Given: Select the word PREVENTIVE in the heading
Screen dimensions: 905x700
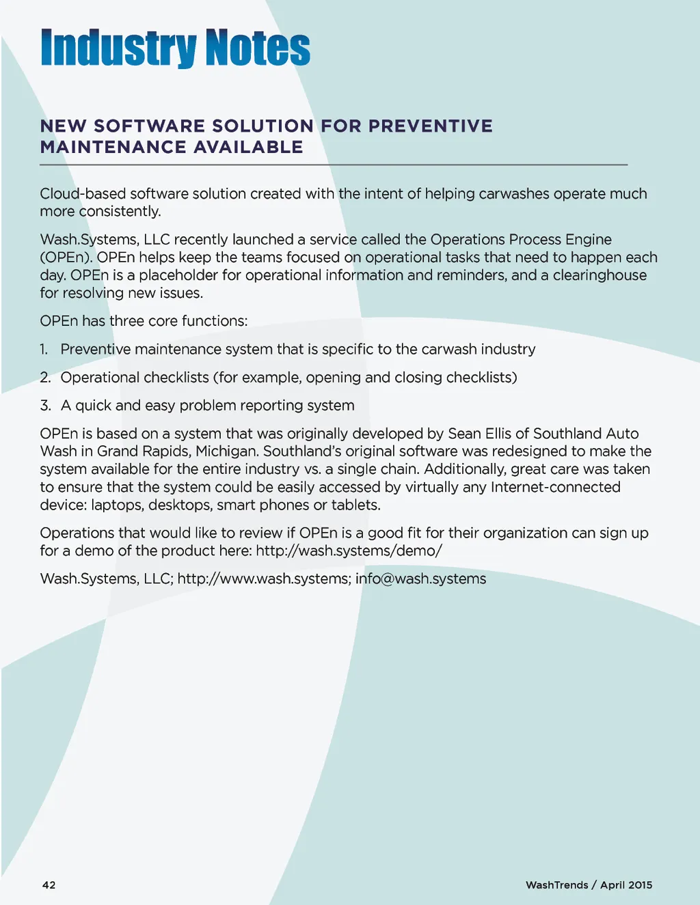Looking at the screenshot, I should point(431,126).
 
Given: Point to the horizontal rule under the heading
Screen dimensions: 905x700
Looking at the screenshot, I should point(334,165).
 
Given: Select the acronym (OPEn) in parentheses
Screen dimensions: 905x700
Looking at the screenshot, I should point(65,257).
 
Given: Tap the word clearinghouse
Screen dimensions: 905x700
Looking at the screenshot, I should point(600,275).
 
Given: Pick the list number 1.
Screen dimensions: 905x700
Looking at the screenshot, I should point(44,350).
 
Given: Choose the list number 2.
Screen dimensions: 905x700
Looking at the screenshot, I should point(45,378).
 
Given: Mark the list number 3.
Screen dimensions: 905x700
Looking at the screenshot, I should point(45,406).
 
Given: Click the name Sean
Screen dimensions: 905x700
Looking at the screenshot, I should point(466,434).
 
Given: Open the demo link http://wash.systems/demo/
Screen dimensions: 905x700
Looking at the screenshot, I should point(349,551).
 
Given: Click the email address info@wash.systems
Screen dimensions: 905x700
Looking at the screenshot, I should point(421,579).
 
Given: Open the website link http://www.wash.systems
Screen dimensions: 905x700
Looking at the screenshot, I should point(264,579).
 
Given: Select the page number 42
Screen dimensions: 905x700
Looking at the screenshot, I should point(49,885).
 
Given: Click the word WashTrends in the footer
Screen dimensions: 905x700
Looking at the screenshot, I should point(556,885).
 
